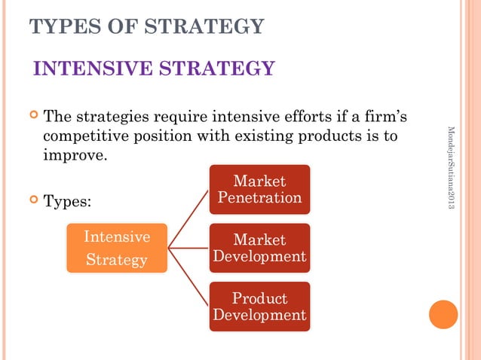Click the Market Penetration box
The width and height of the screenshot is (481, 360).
259,190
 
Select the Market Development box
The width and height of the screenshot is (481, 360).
259,248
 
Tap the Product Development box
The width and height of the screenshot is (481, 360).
259,307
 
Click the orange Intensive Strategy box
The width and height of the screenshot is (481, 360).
117,249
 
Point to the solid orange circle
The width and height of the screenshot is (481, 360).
443,314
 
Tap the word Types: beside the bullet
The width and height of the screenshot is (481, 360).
68,202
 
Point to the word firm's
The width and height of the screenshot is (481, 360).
390,118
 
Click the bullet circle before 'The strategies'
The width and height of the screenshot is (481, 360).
33,116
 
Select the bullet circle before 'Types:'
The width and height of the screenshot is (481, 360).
33,200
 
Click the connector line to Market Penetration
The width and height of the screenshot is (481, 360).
188,218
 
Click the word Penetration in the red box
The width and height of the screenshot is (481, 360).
259,198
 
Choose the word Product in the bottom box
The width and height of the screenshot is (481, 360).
259,298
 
